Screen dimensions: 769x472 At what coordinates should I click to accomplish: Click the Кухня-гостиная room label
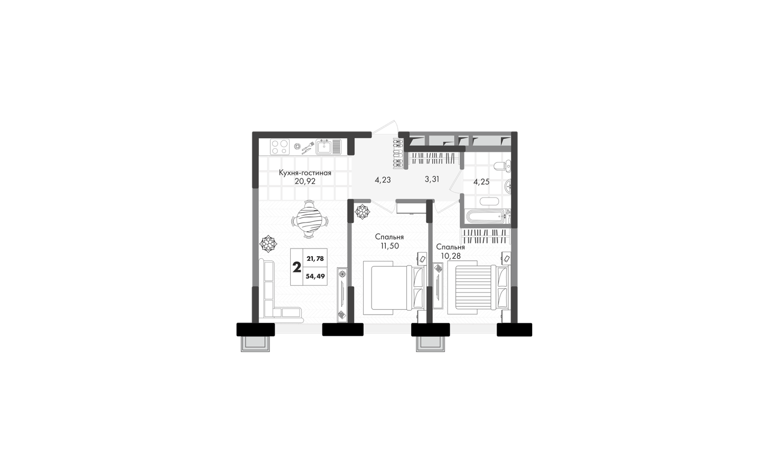click(305, 173)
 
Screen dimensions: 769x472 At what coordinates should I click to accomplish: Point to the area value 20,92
click(305, 181)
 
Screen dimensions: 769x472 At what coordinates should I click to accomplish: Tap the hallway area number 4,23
click(382, 180)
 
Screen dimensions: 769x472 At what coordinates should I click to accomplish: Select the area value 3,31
click(432, 179)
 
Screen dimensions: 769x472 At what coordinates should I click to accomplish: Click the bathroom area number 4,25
click(481, 182)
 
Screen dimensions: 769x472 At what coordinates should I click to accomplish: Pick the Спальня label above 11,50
click(389, 237)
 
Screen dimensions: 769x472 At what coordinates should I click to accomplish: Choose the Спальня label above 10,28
click(451, 247)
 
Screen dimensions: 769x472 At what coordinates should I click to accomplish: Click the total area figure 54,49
click(315, 276)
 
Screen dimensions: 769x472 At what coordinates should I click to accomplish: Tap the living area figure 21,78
click(315, 259)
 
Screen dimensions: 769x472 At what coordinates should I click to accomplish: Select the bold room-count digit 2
click(297, 267)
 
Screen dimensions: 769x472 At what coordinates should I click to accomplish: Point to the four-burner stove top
click(280, 146)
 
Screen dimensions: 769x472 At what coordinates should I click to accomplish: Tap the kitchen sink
click(328, 147)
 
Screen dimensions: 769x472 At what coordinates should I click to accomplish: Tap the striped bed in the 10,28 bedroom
click(477, 286)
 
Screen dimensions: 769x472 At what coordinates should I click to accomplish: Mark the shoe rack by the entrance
click(399, 154)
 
